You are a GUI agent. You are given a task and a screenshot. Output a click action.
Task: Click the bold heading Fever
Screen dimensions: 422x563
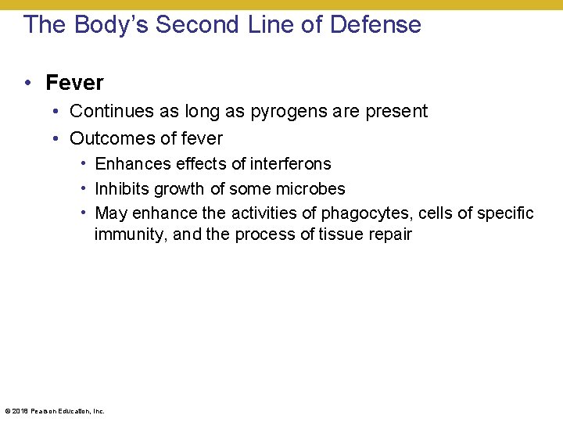[74, 82]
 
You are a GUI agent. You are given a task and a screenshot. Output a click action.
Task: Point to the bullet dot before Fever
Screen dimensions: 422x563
[27, 82]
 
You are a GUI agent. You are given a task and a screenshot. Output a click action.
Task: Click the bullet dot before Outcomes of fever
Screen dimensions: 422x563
[57, 138]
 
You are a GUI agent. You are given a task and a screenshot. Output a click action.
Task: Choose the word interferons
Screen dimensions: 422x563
[290, 164]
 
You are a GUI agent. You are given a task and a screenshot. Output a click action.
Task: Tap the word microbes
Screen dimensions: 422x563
[310, 189]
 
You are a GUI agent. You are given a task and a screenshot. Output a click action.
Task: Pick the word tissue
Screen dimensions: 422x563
[342, 234]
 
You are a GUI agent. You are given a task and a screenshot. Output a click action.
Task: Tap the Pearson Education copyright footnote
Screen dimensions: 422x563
[55, 410]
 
